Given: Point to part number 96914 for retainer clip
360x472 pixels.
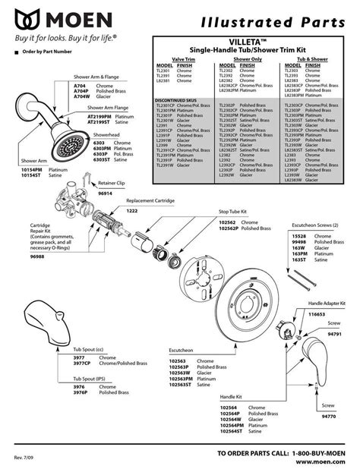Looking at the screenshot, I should pos(106,194).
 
